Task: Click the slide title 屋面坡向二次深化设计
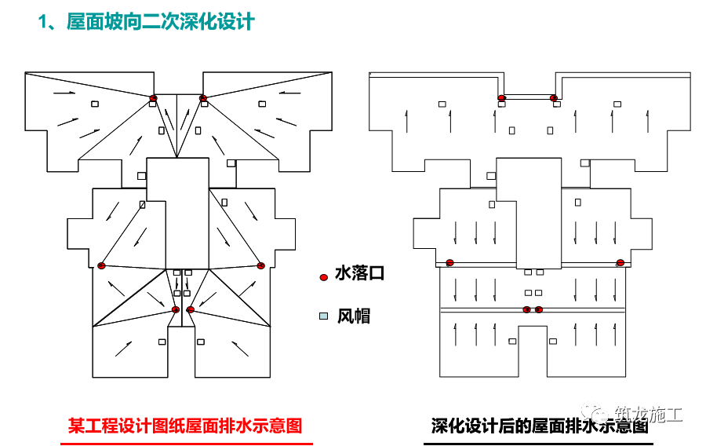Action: pos(161,22)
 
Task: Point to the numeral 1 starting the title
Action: pos(44,22)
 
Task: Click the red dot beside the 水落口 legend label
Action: pos(323,277)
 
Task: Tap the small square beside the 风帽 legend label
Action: pos(323,316)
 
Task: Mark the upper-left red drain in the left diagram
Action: pos(154,98)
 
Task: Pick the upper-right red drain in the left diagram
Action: pos(203,98)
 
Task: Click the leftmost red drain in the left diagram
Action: pos(101,265)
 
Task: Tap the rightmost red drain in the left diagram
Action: pos(261,265)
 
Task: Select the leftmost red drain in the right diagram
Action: pos(449,262)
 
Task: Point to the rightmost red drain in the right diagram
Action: pos(620,262)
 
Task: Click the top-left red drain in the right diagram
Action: pos(501,98)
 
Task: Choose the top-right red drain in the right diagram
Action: pos(554,98)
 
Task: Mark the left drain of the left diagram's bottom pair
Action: pos(176,309)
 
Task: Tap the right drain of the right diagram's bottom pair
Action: pos(539,309)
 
